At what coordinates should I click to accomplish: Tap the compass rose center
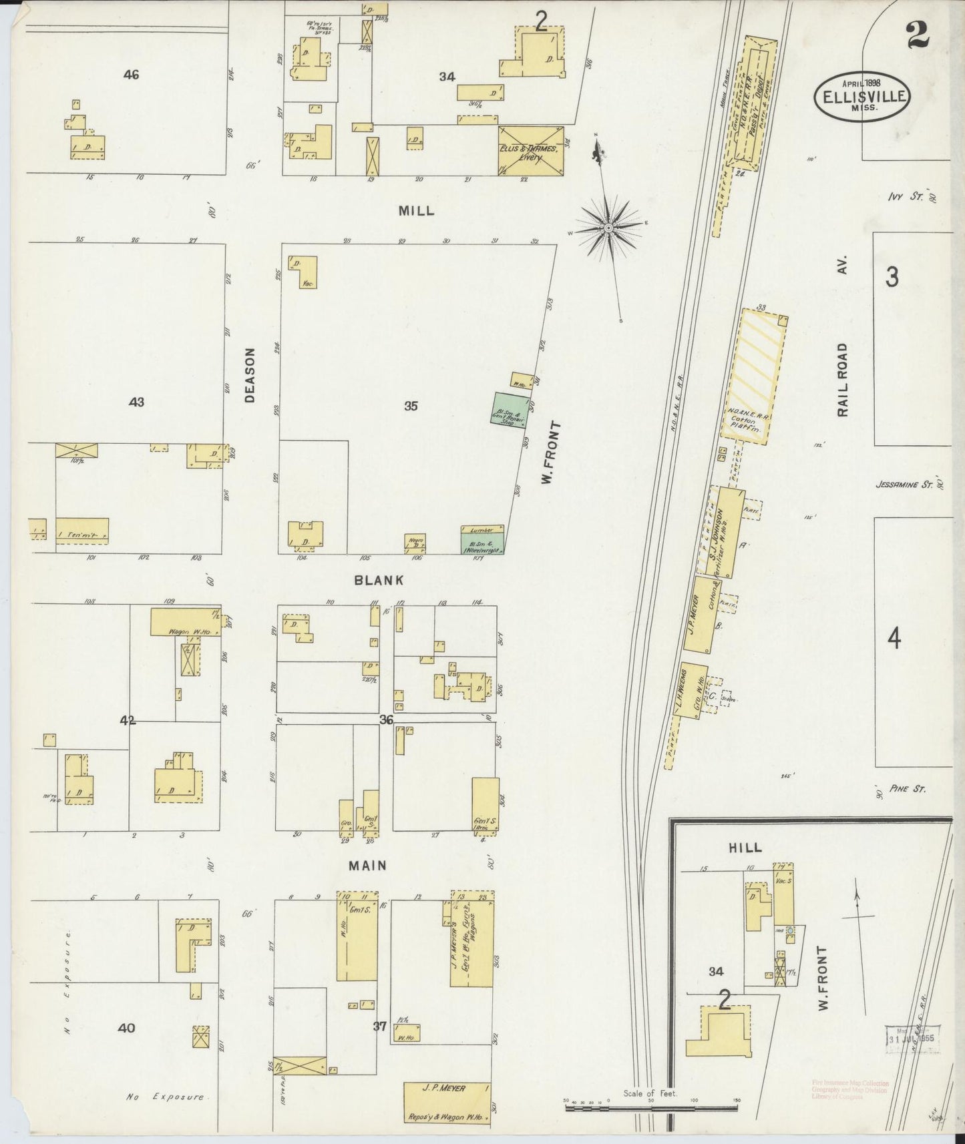click(x=608, y=228)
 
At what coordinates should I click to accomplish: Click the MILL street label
click(x=416, y=210)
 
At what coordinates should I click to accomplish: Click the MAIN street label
click(x=368, y=865)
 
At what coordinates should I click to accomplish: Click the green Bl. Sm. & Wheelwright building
click(x=482, y=540)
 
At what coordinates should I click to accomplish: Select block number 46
click(x=131, y=75)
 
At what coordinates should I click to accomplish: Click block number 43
click(x=136, y=402)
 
